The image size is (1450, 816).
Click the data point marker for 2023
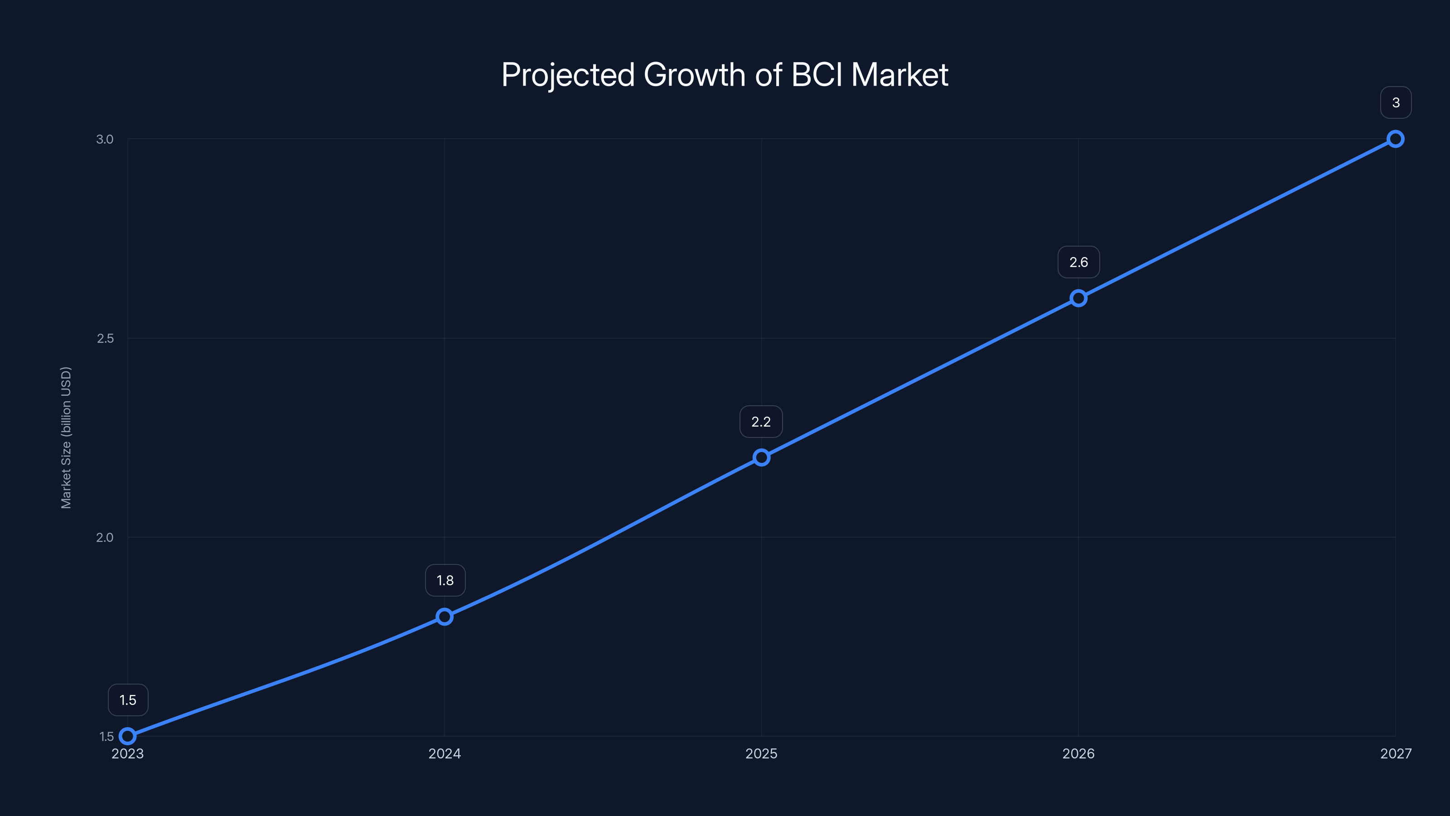128,736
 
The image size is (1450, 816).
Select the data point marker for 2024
445,617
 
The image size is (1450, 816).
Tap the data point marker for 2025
762,457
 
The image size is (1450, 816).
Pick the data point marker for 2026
1078,298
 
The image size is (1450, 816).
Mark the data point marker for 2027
1396,139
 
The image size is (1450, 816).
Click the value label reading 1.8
445,581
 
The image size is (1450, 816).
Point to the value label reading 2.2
761,422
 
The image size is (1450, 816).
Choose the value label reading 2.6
1078,262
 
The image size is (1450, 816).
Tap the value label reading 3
1396,102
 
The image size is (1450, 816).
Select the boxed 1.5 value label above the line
128,700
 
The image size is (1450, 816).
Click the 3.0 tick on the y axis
105,139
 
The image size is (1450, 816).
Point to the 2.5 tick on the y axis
105,339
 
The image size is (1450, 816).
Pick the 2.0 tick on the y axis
105,537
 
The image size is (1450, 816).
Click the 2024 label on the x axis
445,753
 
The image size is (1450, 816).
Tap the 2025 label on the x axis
762,753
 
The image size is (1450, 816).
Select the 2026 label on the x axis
1078,753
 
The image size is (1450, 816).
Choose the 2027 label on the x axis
1396,753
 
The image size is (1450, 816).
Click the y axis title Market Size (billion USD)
66,437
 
